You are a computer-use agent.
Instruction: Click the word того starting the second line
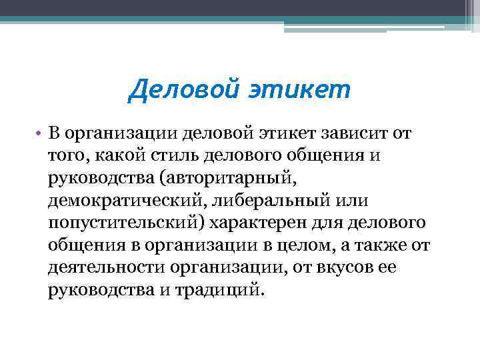tap(64, 156)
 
